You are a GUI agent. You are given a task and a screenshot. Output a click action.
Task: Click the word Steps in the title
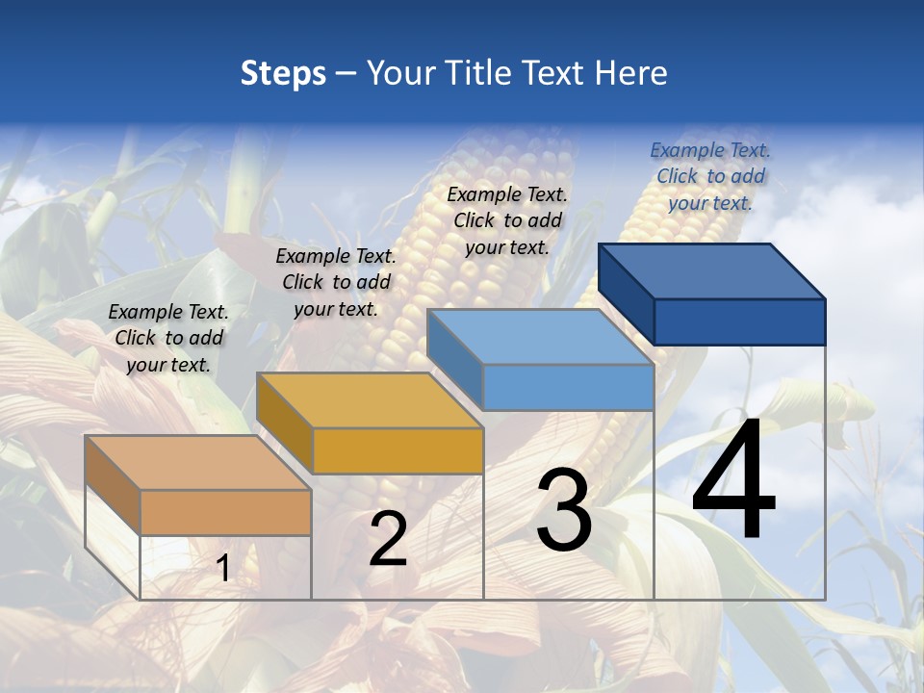click(283, 74)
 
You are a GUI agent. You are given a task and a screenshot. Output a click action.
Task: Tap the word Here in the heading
click(630, 74)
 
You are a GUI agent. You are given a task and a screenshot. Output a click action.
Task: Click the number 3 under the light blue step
click(564, 510)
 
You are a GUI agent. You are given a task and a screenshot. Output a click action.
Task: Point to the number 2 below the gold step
click(388, 539)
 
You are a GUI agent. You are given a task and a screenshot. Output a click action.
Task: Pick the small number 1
click(223, 568)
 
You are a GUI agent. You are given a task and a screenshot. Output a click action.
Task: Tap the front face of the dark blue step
click(739, 321)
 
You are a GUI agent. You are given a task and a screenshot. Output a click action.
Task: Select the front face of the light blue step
click(568, 388)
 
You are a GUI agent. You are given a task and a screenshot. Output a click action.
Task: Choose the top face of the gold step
click(370, 400)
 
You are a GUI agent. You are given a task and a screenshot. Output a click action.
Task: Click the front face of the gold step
click(398, 450)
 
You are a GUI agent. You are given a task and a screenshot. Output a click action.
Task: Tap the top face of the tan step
click(198, 463)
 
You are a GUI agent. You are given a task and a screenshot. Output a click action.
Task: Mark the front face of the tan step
click(225, 512)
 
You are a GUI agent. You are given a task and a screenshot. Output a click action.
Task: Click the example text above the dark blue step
click(710, 176)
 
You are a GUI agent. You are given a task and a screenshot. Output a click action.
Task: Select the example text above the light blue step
click(507, 220)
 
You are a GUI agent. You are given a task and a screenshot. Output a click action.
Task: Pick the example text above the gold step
click(336, 282)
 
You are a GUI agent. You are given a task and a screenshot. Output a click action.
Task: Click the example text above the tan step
click(168, 338)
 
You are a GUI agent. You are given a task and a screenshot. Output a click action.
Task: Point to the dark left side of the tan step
click(113, 485)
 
